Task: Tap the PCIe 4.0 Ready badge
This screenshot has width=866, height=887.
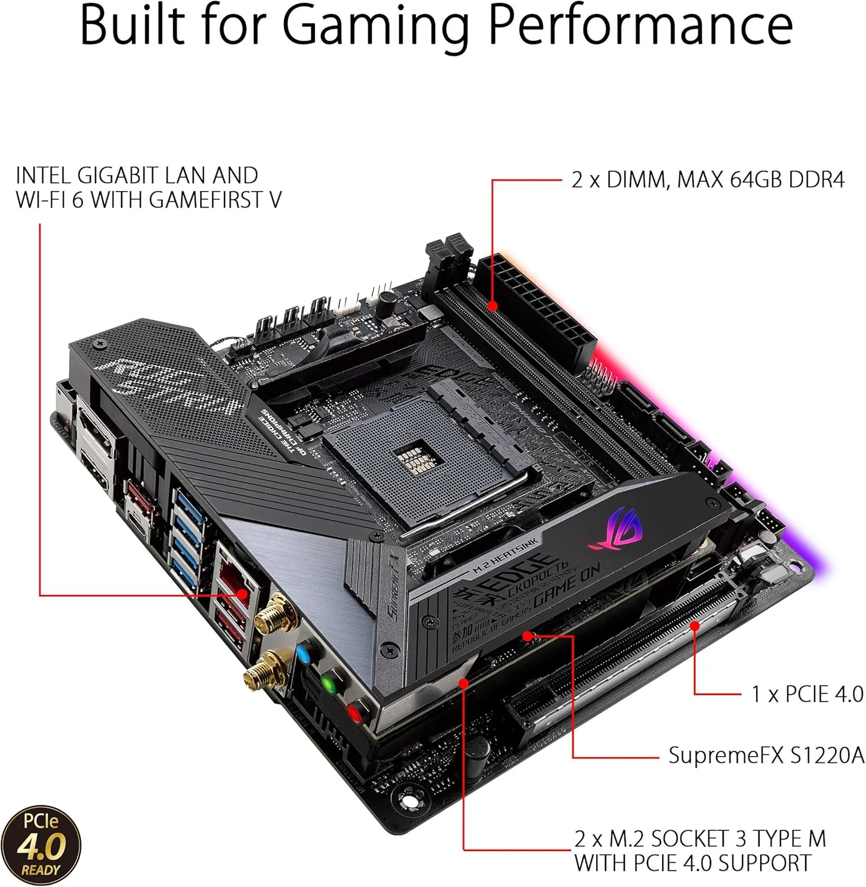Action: pos(41,844)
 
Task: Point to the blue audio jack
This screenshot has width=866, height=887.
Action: pos(303,653)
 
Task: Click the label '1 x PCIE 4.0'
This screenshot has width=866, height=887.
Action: pos(807,694)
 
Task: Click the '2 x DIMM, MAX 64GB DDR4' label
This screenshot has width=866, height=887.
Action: pos(707,179)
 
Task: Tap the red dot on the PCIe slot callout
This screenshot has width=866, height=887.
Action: pos(695,625)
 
